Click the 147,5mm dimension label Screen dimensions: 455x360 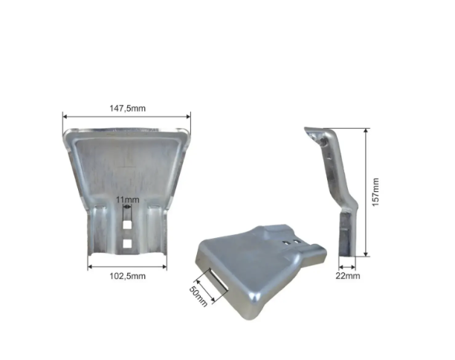(x=127, y=109)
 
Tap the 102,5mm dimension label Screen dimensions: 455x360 (x=127, y=276)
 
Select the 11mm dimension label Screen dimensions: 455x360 (x=127, y=200)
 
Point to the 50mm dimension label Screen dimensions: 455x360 (x=199, y=297)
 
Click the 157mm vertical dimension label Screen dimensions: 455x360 (x=375, y=192)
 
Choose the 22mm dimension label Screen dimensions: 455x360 (x=348, y=275)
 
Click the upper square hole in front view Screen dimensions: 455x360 (x=127, y=225)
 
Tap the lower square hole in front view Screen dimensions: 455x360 (x=127, y=244)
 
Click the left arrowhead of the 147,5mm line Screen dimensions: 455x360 (x=65, y=117)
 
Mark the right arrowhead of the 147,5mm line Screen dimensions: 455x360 (x=188, y=117)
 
